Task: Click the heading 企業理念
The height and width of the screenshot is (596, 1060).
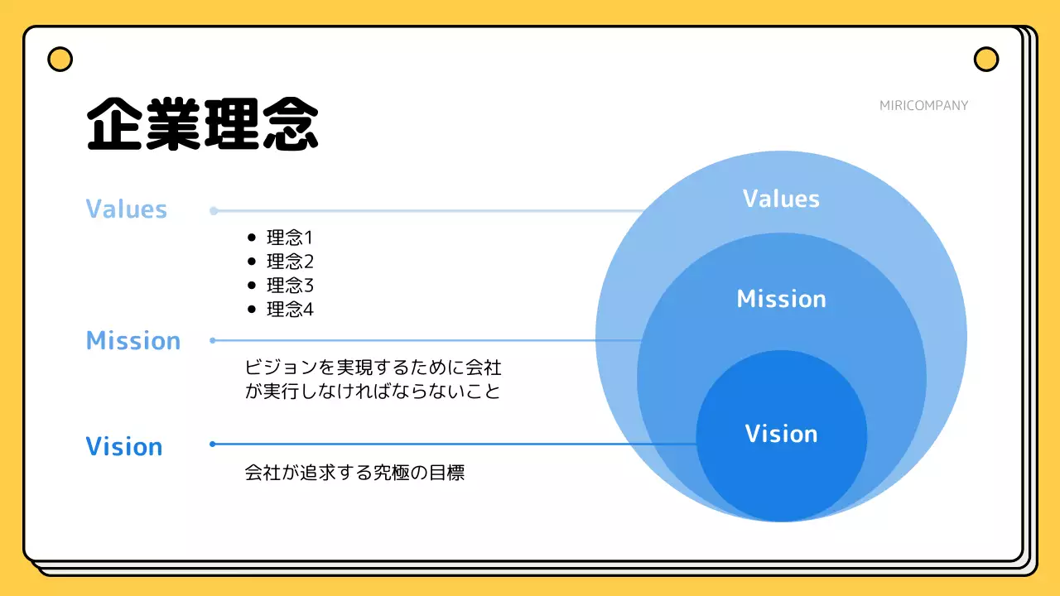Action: pyautogui.click(x=202, y=125)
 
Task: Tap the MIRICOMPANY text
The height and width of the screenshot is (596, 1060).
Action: pyautogui.click(x=923, y=105)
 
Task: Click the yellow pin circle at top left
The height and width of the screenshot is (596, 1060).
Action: pyautogui.click(x=60, y=60)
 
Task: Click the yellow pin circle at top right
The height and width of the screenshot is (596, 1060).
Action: pyautogui.click(x=985, y=60)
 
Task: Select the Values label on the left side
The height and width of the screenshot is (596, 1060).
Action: pyautogui.click(x=127, y=209)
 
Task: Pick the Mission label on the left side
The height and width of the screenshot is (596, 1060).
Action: pyautogui.click(x=133, y=340)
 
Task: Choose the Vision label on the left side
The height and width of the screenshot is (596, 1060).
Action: pyautogui.click(x=124, y=446)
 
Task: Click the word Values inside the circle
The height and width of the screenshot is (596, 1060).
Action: pyautogui.click(x=781, y=199)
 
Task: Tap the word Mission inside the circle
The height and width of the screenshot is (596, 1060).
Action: pyautogui.click(x=781, y=299)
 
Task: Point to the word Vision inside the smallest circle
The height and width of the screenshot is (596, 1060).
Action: pyautogui.click(x=781, y=434)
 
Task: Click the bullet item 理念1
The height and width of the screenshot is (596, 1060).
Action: pyautogui.click(x=290, y=238)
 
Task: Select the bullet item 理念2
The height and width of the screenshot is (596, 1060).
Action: pyautogui.click(x=290, y=262)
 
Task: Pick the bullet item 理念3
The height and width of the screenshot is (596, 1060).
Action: pyautogui.click(x=290, y=286)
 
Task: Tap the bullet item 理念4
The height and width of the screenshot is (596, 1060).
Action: pyautogui.click(x=290, y=310)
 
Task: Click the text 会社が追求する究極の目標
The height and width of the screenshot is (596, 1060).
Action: pyautogui.click(x=354, y=473)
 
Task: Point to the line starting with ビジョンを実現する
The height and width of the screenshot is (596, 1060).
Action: pyautogui.click(x=373, y=367)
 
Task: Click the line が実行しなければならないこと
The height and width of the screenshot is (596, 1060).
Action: pyautogui.click(x=373, y=391)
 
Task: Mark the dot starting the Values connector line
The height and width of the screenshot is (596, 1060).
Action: pyautogui.click(x=214, y=211)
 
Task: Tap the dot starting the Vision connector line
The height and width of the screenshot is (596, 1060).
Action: pyautogui.click(x=213, y=445)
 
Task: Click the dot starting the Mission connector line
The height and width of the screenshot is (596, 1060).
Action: pyautogui.click(x=213, y=340)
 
